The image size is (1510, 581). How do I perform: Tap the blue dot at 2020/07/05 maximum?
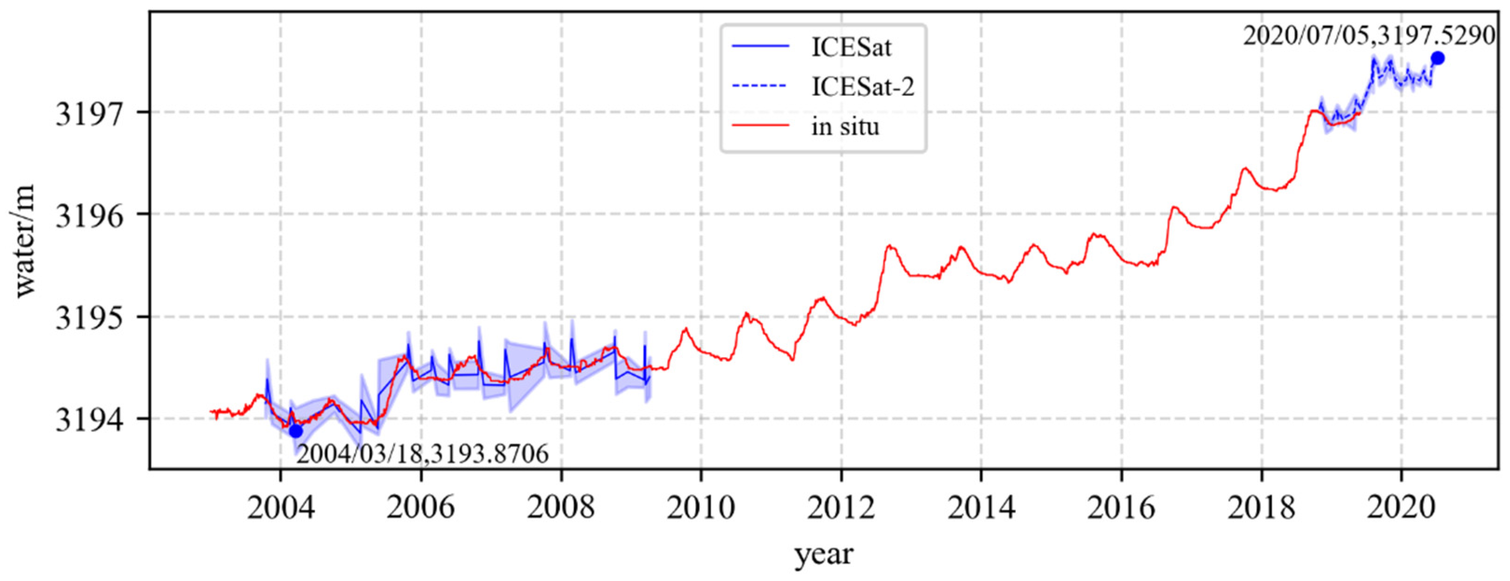point(1437,58)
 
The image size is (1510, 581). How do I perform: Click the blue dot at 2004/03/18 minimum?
point(296,431)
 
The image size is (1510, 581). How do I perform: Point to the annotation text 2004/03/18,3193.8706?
point(422,454)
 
